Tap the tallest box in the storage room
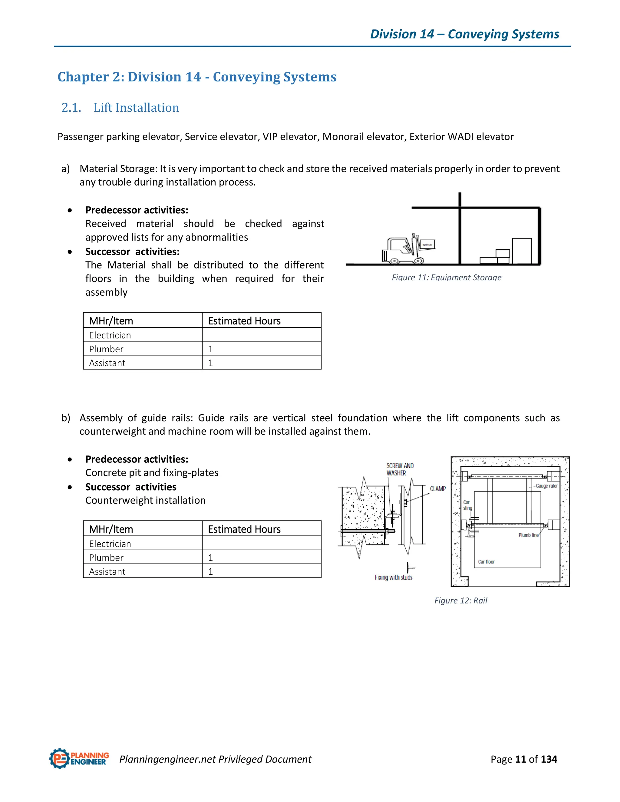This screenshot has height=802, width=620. pos(522,251)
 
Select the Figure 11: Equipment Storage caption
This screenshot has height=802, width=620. pos(446,277)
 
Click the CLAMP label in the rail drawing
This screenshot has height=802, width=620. pos(438,489)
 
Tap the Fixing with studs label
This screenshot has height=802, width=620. pos(393,577)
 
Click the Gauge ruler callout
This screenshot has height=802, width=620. pos(546,486)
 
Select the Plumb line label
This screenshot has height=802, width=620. pos(528,535)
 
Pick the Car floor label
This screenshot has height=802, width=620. pos(486,561)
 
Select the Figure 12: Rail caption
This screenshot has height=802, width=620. pos(460,600)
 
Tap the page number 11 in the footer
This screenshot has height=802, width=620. pos(520,759)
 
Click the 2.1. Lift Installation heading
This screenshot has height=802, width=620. pos(120,108)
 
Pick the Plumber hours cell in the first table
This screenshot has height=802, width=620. pos(261,349)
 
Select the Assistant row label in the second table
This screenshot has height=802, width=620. pos(107,571)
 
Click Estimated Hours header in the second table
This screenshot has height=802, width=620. pos(244,529)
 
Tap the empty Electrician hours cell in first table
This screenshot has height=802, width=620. pos(261,335)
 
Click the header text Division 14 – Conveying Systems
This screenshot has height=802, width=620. pos(464,34)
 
